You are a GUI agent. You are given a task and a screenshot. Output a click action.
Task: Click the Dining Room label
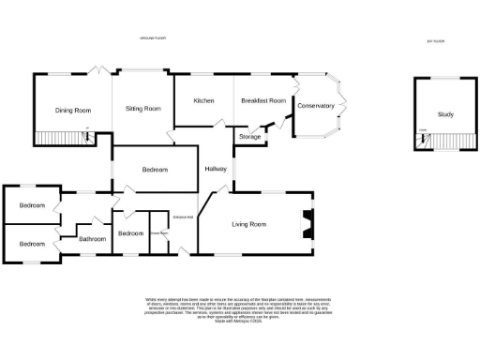(72, 111)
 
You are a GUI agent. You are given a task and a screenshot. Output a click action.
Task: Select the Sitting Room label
(142, 109)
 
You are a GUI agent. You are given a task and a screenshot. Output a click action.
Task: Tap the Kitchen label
(204, 100)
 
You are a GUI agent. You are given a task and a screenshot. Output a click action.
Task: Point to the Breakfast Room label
(262, 100)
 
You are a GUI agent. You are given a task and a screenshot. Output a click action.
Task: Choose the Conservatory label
(315, 106)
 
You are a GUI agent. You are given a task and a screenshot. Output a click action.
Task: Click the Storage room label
(249, 138)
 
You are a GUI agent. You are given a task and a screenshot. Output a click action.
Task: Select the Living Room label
(249, 224)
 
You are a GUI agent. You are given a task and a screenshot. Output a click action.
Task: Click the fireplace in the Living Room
(305, 225)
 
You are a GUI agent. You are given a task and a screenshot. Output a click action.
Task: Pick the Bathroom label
(93, 239)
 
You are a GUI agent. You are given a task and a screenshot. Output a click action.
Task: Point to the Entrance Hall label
(183, 217)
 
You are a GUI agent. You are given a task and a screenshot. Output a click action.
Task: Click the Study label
(445, 115)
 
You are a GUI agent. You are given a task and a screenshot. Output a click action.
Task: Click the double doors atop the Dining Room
(97, 71)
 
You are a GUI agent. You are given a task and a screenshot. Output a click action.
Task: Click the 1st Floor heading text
(435, 41)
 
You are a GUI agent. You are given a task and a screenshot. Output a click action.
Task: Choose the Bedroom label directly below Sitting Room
(155, 170)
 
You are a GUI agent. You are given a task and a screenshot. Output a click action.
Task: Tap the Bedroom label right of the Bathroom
(129, 234)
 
